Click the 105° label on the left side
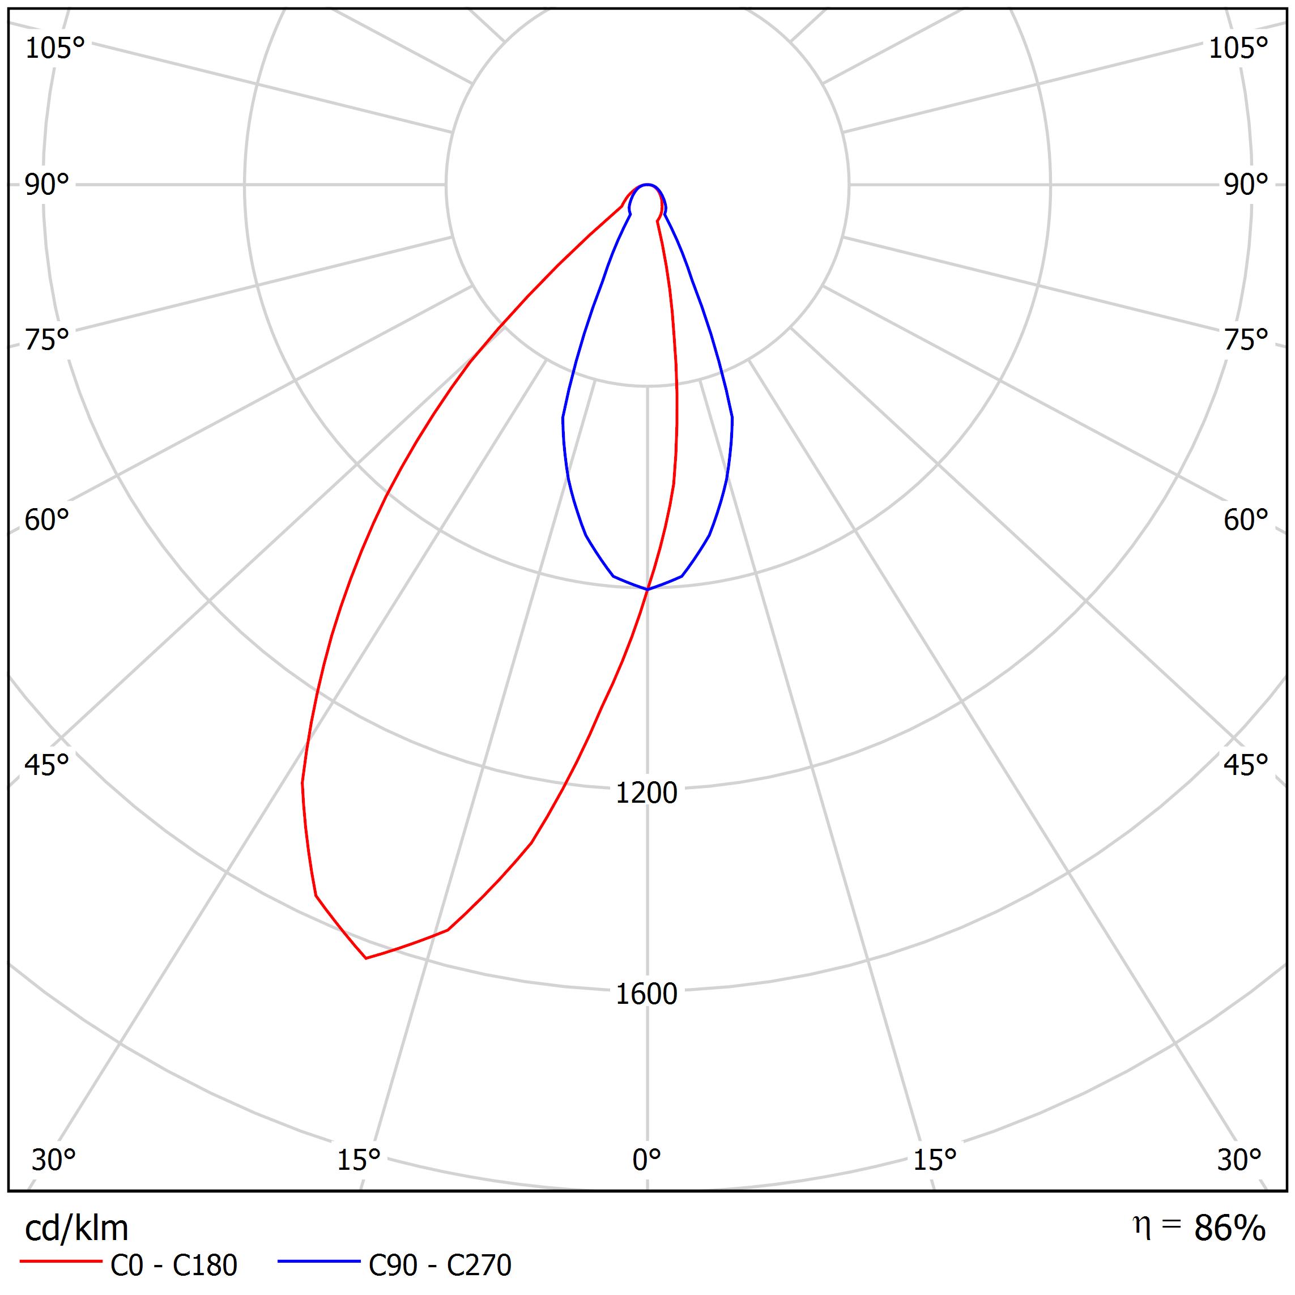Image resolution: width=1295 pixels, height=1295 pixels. (55, 49)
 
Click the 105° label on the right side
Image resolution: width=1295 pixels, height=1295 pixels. (1238, 49)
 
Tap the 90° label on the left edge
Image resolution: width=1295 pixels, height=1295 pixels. (47, 185)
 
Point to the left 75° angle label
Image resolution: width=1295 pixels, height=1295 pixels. (47, 340)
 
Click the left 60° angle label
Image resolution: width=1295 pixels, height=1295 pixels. (47, 520)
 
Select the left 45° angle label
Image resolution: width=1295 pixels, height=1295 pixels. (47, 765)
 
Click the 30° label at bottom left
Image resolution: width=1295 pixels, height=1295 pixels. (54, 1160)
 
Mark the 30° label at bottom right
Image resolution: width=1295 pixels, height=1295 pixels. (1239, 1160)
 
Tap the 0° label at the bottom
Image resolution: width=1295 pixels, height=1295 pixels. (647, 1160)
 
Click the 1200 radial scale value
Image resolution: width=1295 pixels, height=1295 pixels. (647, 794)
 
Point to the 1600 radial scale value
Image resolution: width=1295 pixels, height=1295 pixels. (647, 995)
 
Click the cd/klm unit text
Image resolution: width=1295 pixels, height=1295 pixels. (76, 1229)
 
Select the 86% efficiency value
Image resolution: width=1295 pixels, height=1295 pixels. (1230, 1229)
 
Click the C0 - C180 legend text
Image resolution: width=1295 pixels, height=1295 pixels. (173, 1266)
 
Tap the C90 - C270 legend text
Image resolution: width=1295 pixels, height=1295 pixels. (440, 1266)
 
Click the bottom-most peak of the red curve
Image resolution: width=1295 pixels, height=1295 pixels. (366, 958)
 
